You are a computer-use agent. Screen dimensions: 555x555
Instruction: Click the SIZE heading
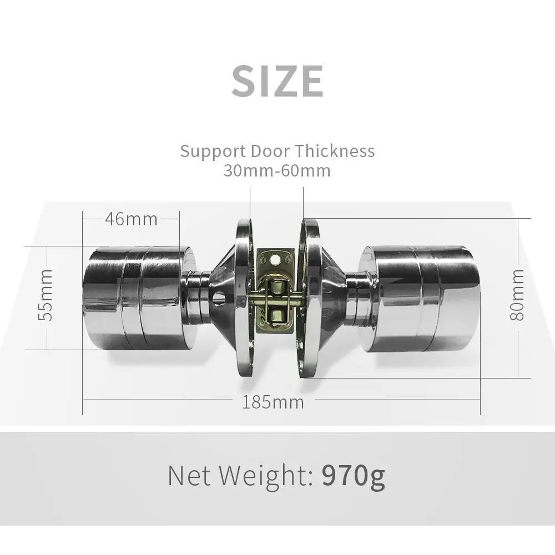[x=277, y=81]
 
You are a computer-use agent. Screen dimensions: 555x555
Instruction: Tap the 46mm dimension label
[x=132, y=219]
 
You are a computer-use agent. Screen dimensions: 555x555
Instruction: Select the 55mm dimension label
[x=46, y=295]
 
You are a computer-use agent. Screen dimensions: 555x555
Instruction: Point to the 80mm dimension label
[x=517, y=295]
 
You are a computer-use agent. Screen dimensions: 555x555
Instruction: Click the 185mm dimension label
[x=273, y=402]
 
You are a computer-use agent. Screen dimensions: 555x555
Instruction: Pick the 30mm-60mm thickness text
[x=277, y=170]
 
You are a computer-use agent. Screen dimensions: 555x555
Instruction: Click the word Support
[x=213, y=152]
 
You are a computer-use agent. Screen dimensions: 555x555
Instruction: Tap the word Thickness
[x=335, y=151]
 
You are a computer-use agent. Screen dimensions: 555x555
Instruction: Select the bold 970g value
[x=353, y=476]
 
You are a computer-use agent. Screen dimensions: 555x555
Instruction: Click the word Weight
[x=265, y=476]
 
